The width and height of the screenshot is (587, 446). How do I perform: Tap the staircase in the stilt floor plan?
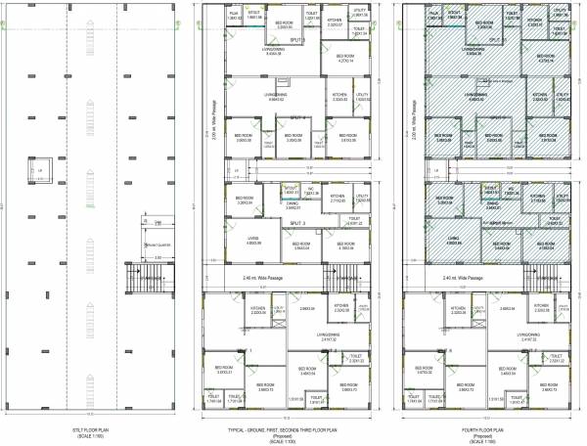click(152, 280)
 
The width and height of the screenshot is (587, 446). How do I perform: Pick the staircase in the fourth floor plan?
click(548, 280)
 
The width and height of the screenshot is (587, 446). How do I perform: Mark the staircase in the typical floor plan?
click(350, 280)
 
